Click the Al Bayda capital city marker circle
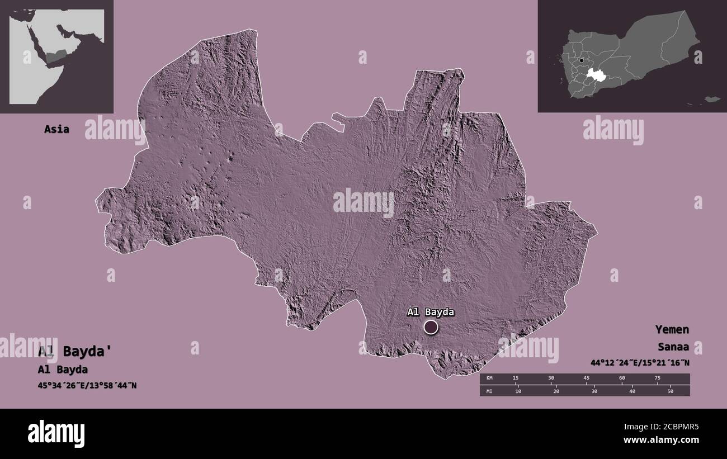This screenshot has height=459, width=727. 431,327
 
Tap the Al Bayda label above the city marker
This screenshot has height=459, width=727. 430,312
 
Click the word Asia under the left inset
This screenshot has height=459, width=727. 57,129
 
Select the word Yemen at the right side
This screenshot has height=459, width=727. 673,329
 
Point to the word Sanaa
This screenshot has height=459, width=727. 673,347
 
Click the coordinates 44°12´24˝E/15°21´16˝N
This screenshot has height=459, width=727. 639,363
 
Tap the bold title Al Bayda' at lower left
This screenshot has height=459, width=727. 75,352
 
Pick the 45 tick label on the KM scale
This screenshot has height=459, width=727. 587,378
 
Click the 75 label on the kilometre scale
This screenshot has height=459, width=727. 657,378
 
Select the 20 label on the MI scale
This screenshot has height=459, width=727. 556,391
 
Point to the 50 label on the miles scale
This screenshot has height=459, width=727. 670,391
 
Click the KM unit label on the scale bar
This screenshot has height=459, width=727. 489,378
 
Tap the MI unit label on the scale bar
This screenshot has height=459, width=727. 489,391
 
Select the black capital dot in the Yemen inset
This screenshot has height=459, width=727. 582,60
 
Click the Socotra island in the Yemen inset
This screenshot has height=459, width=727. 711,99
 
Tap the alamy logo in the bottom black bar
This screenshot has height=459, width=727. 56,433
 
